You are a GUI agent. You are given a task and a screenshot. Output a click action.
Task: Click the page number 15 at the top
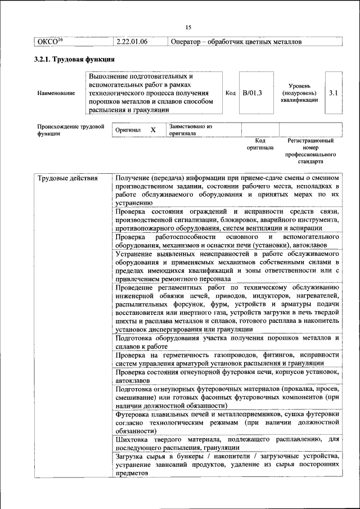click(x=188, y=28)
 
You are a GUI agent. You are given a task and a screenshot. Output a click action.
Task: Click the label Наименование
click(x=56, y=93)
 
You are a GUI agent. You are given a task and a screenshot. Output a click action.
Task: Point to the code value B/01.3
click(x=253, y=92)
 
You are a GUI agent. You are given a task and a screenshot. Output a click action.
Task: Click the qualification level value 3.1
click(x=333, y=92)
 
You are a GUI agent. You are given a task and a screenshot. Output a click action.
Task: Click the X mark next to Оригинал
click(x=153, y=130)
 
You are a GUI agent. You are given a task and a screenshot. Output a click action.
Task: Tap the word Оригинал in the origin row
click(x=128, y=130)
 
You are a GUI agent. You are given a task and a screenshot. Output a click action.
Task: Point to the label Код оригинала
click(x=260, y=144)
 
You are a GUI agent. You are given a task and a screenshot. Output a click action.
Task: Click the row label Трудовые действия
click(x=67, y=178)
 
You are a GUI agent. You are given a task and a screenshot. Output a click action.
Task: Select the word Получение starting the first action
click(x=136, y=178)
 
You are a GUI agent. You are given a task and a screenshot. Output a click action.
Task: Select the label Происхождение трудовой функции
click(x=70, y=130)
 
